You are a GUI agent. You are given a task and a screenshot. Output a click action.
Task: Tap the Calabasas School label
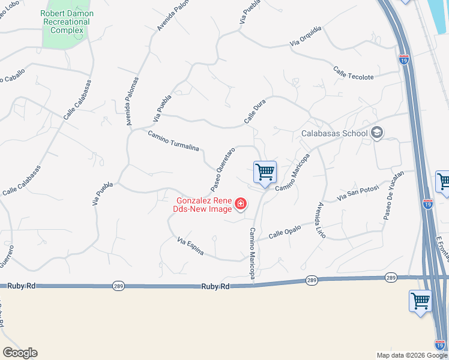[334, 133]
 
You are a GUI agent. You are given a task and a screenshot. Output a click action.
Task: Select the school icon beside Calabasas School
[377, 133]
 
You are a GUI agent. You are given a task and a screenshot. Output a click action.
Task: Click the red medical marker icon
[240, 205]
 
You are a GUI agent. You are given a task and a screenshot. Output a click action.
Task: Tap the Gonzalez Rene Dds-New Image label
[204, 205]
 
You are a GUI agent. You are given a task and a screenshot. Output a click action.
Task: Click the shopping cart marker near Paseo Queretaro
[265, 173]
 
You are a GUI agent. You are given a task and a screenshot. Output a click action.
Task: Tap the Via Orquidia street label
[306, 37]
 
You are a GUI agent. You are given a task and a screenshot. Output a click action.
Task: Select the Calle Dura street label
[255, 112]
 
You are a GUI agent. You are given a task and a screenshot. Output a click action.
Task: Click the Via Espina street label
[191, 247]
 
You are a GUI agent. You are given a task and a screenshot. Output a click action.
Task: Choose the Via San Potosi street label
[358, 193]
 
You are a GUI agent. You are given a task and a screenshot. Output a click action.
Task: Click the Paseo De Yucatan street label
[394, 196]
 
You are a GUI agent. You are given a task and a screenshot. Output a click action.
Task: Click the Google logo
[20, 353]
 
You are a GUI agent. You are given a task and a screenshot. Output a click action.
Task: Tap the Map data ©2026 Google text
[411, 355]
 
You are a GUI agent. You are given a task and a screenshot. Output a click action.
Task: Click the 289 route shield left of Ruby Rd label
[118, 287]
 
